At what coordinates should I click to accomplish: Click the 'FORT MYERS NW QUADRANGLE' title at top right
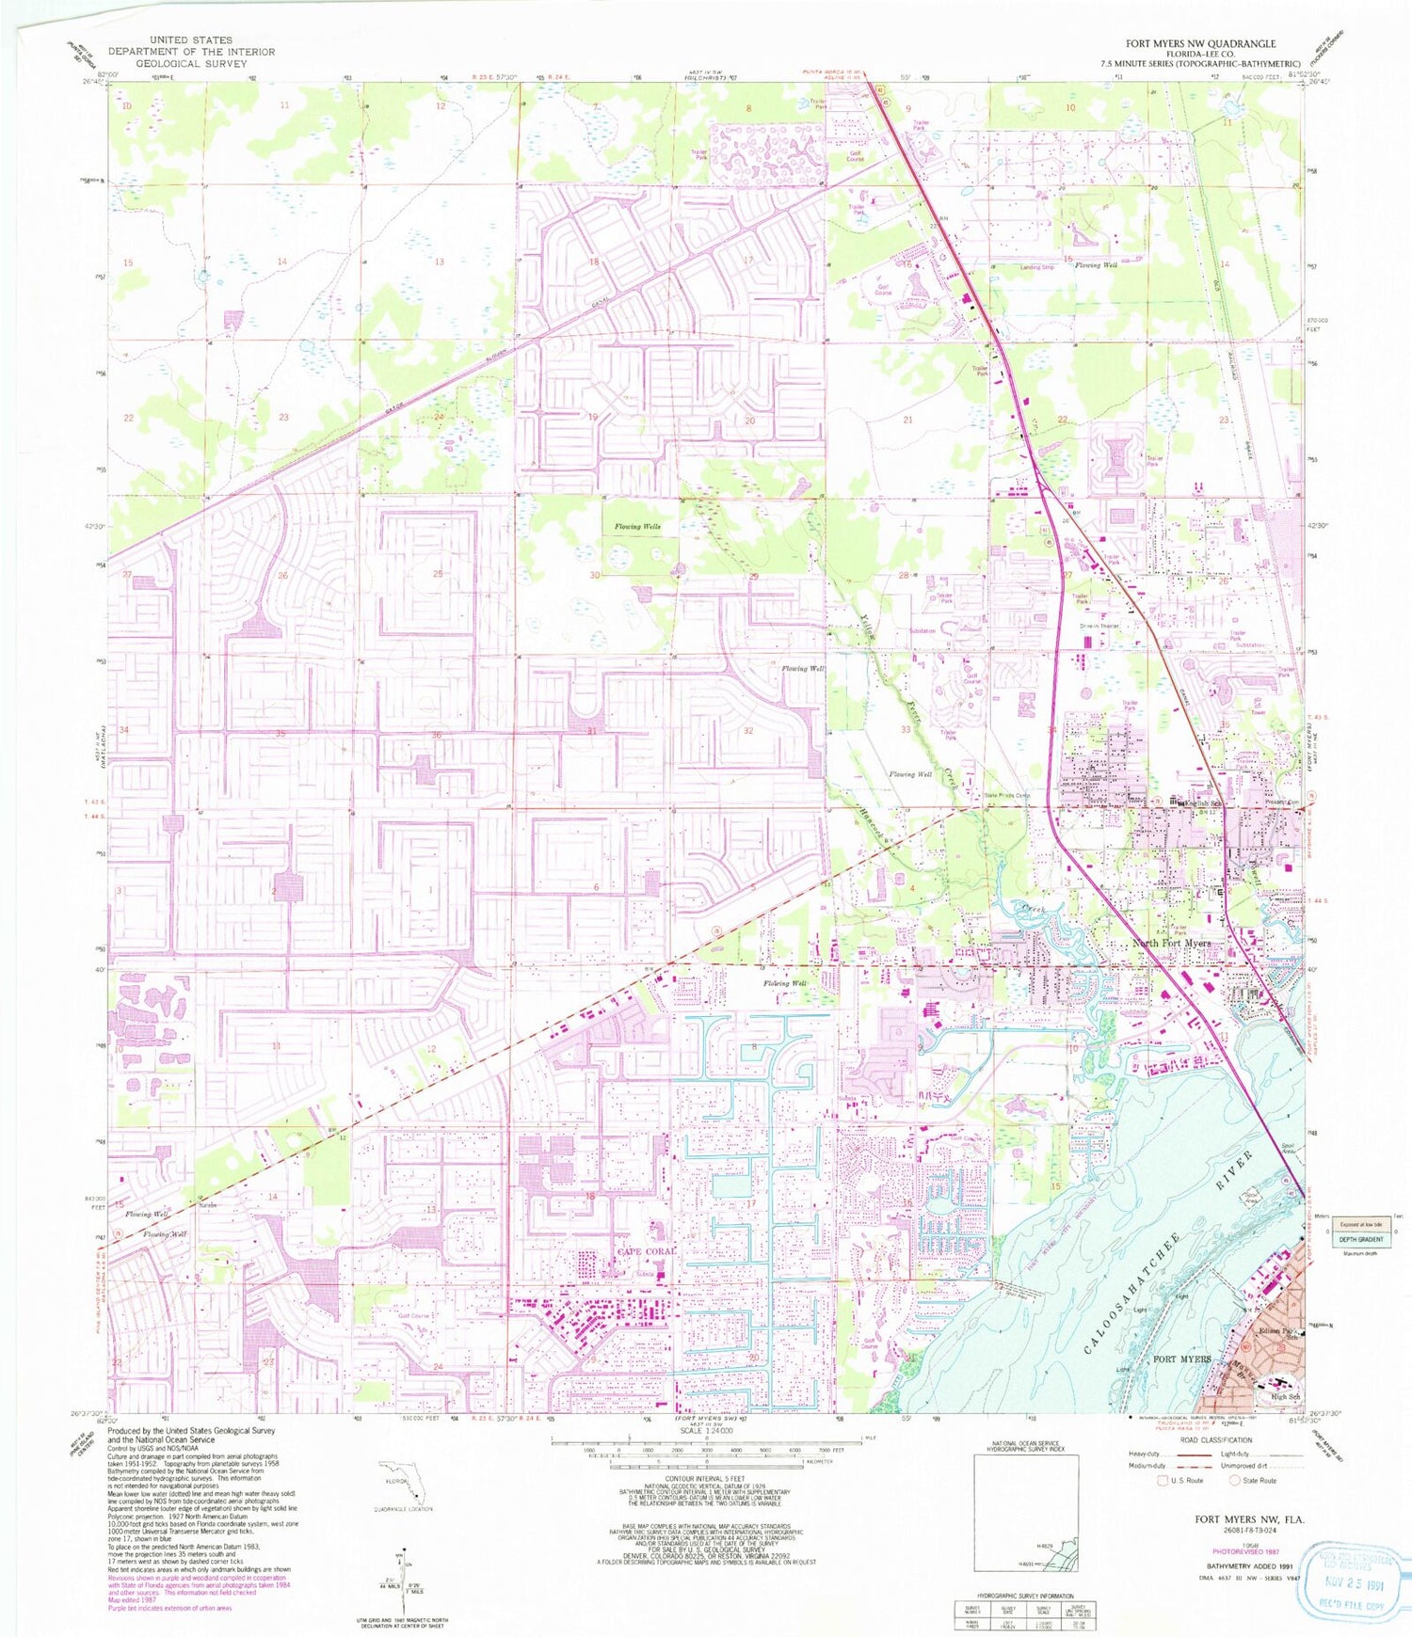pyautogui.click(x=1200, y=43)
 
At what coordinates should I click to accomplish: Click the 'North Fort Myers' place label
pyautogui.click(x=1171, y=943)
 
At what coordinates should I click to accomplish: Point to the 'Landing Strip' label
pyautogui.click(x=1037, y=267)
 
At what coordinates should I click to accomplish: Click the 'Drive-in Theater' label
pyautogui.click(x=1099, y=626)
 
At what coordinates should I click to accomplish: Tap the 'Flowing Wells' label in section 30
pyautogui.click(x=637, y=527)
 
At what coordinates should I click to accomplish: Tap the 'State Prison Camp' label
pyautogui.click(x=1006, y=796)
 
